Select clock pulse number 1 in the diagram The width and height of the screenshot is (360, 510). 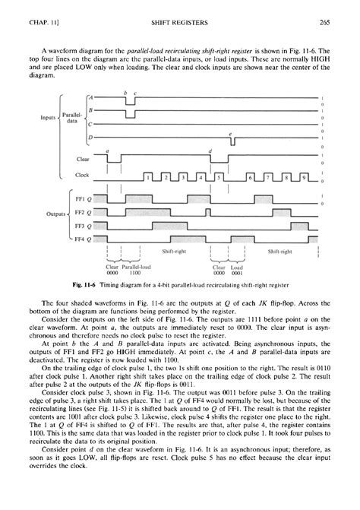(x=148, y=177)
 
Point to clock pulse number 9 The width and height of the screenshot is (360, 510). (x=305, y=177)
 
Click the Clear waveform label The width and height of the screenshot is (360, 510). (x=83, y=160)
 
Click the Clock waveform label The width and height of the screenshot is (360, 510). (x=83, y=175)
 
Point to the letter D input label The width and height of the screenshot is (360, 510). (x=90, y=137)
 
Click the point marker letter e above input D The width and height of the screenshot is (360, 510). (x=230, y=133)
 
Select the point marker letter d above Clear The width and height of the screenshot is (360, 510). (x=210, y=151)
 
